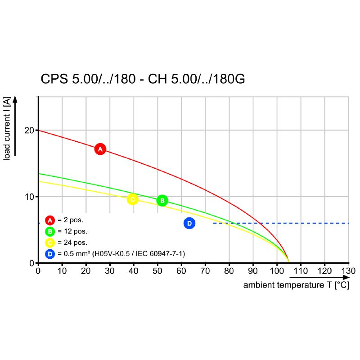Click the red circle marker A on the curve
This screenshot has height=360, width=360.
click(x=100, y=149)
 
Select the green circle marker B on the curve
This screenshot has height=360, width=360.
click(x=162, y=201)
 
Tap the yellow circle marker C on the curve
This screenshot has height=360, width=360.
click(x=132, y=199)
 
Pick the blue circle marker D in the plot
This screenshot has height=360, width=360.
click(x=189, y=223)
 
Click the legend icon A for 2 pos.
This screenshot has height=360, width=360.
click(x=50, y=220)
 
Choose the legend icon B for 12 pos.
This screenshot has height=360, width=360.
click(x=50, y=231)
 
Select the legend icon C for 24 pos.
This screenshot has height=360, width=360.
click(x=50, y=243)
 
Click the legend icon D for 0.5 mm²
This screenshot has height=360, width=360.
click(x=50, y=254)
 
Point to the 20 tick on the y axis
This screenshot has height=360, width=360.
click(x=30, y=130)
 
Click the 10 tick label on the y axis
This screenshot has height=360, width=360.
click(x=30, y=197)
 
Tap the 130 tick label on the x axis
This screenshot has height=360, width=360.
click(x=348, y=271)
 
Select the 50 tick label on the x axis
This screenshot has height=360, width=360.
click(x=157, y=271)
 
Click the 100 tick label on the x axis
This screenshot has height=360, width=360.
click(x=277, y=271)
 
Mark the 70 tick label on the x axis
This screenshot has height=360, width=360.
click(x=205, y=271)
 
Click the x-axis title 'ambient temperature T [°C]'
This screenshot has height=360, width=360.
click(x=296, y=285)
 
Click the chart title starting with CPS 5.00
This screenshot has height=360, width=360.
click(x=143, y=79)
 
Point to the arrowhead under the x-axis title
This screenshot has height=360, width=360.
click(x=345, y=278)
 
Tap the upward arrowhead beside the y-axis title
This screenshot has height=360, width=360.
click(x=15, y=99)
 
